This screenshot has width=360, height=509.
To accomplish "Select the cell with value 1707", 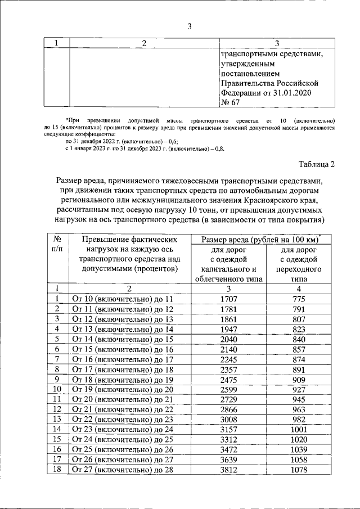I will [228, 299].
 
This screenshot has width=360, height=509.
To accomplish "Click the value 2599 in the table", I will [228, 389].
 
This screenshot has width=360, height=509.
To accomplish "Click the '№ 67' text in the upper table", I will [231, 102].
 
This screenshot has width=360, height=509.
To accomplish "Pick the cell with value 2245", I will [228, 359].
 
